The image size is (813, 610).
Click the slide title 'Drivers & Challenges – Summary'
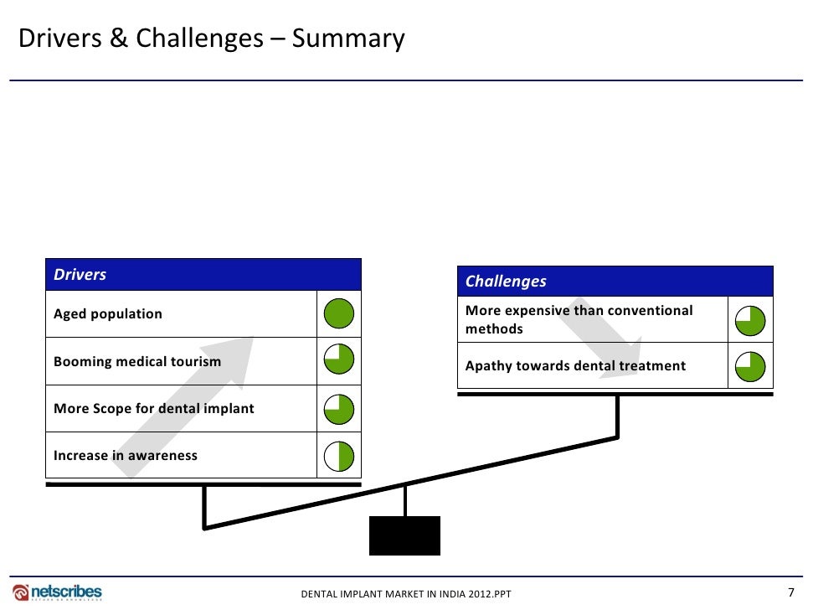click(212, 39)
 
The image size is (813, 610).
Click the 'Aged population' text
click(108, 314)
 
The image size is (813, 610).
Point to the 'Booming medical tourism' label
click(137, 362)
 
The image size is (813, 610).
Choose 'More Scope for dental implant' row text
click(154, 409)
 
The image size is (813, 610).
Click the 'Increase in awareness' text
click(126, 456)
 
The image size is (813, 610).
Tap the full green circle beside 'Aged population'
click(339, 314)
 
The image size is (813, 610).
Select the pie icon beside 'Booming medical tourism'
click(339, 361)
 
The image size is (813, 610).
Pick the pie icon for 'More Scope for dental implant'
click(339, 409)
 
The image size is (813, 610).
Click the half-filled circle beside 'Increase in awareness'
click(339, 456)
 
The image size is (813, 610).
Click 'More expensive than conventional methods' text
click(579, 319)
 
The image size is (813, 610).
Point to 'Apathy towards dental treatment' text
click(575, 366)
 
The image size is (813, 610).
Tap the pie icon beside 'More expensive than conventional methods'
click(750, 319)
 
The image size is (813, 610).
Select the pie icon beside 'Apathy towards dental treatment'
click(750, 366)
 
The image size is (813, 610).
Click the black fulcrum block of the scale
click(404, 535)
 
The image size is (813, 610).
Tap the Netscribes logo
click(58, 592)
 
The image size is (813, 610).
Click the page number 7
click(791, 592)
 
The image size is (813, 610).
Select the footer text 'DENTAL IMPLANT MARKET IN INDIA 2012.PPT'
click(405, 594)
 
